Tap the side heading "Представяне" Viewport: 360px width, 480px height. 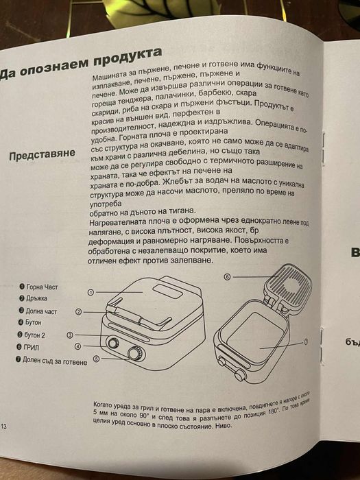click(51, 154)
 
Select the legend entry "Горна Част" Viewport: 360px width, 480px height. click(44, 287)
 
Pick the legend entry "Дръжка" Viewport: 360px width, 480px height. click(40, 299)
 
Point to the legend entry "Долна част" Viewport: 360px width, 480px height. click(42, 311)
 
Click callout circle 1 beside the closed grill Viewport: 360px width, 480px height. click(90, 291)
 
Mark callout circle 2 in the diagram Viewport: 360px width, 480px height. click(79, 312)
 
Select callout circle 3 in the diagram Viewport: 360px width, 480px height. click(70, 335)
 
